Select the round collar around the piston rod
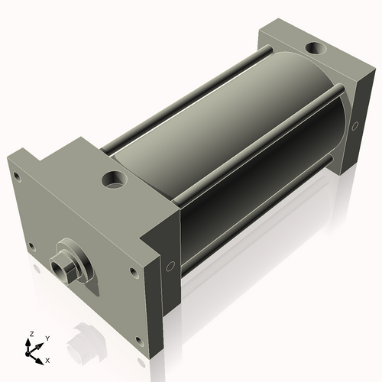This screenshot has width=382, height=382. point(76,264)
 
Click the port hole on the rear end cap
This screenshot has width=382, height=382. point(314,50)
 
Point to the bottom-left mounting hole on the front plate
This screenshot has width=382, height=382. point(31,246)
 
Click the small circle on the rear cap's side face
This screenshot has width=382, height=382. point(355,125)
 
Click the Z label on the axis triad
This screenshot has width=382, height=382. point(31,335)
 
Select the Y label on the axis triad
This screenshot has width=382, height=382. point(47,338)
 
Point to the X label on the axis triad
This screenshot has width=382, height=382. point(48,359)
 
